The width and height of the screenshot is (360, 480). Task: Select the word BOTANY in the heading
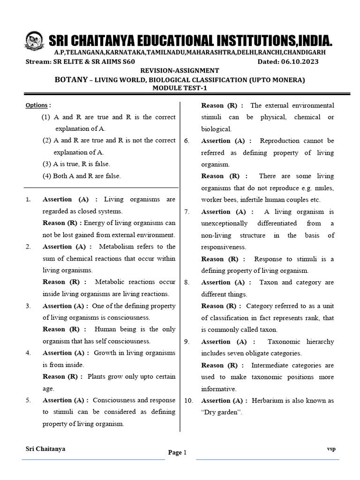[x=72, y=80]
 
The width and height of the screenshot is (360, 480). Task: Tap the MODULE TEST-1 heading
[x=180, y=89]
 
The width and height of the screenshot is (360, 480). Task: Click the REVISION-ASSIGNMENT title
[x=180, y=70]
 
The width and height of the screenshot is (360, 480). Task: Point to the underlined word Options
[x=37, y=105]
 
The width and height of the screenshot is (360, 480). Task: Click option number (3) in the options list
[x=46, y=164]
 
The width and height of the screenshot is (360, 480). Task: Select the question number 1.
[x=28, y=200]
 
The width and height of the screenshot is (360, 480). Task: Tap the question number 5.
[x=28, y=400]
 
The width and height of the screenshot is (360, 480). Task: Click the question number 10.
[x=188, y=401]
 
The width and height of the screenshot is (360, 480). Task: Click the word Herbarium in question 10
[x=268, y=401]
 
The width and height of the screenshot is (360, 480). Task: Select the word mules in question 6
[x=324, y=188]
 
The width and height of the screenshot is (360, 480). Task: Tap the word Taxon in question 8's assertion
[x=269, y=282]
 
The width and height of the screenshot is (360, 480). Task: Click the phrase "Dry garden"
[x=222, y=412]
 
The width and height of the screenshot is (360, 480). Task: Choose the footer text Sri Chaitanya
[x=45, y=449]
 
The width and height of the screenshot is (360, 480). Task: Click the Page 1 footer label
[x=177, y=452]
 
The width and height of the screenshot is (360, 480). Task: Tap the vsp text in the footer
[x=331, y=449]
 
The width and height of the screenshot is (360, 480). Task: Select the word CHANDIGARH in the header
[x=306, y=52]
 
